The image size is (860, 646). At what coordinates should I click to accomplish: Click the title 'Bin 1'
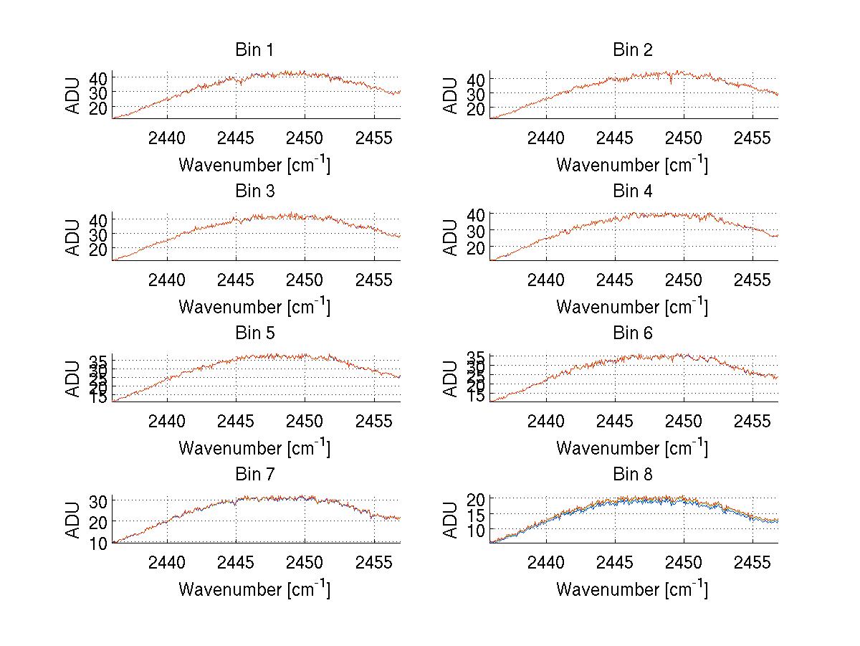tap(254, 50)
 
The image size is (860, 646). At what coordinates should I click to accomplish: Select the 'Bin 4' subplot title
tap(632, 191)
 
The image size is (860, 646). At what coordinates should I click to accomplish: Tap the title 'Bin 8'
tap(632, 475)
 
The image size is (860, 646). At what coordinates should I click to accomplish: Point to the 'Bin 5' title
tap(254, 333)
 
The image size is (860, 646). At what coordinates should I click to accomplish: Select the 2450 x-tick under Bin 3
tap(305, 279)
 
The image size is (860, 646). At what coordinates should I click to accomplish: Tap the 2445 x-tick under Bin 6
tap(614, 420)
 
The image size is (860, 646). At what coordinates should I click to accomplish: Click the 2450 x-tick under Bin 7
tap(305, 561)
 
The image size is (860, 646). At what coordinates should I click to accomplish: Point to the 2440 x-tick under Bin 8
tap(545, 561)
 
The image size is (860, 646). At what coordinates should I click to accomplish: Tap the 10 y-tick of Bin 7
tap(98, 543)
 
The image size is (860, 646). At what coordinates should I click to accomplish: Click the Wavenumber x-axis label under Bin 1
tap(254, 165)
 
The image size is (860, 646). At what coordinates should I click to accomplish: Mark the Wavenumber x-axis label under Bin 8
tap(632, 589)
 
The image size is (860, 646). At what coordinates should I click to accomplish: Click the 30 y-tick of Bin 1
tap(98, 92)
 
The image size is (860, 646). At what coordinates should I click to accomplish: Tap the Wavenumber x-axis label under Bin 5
tap(254, 448)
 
